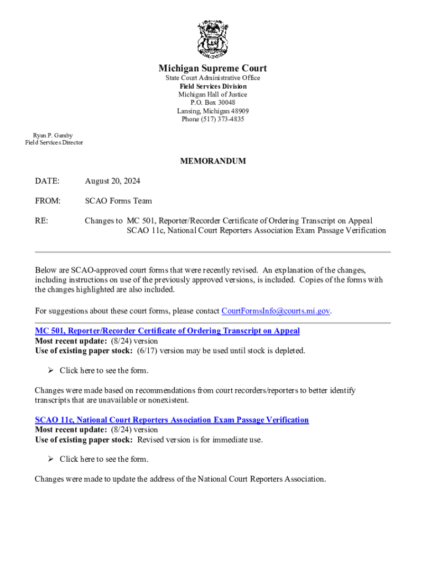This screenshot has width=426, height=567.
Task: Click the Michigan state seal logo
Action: point(213,39)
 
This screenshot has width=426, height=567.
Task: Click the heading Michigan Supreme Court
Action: point(213,68)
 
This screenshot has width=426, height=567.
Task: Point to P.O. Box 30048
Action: point(213,102)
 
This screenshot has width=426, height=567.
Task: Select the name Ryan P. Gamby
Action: point(53,135)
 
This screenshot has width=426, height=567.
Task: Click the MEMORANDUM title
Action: point(213,161)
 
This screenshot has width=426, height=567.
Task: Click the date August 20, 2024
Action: point(112,181)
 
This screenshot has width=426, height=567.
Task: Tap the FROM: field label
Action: point(48,201)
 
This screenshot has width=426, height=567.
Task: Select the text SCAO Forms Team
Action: point(118,201)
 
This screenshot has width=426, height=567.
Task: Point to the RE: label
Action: point(41,221)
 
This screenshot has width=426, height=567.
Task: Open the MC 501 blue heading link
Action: point(167,331)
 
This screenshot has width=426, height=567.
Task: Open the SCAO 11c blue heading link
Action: point(172,420)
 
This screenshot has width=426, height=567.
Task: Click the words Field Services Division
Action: point(213,86)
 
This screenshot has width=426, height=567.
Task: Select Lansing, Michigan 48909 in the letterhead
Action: point(213,111)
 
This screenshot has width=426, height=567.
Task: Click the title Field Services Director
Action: point(54,143)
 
